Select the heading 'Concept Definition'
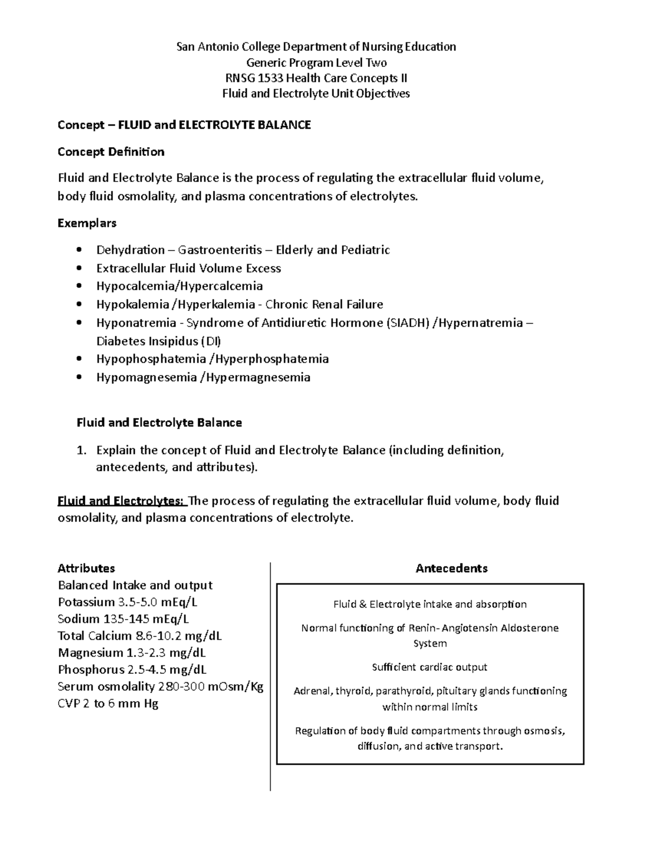point(111,152)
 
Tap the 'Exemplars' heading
point(87,223)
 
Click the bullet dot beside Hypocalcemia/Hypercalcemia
point(80,286)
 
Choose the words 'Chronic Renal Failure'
point(324,304)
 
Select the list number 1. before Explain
point(81,451)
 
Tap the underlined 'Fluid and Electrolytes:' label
point(121,501)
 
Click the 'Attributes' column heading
point(86,568)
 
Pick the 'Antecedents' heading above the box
point(452,568)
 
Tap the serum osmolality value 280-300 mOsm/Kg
point(210,686)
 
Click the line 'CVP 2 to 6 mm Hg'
point(108,704)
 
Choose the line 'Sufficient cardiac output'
point(429,667)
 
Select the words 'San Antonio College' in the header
point(224,47)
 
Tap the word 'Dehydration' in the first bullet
point(130,250)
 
